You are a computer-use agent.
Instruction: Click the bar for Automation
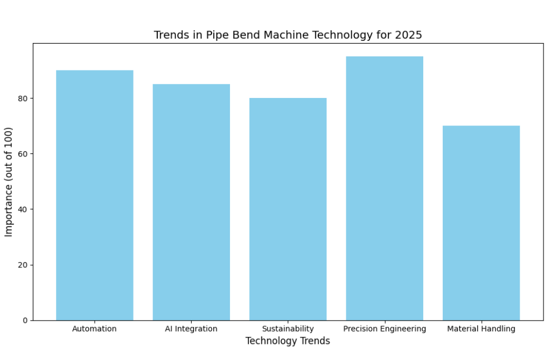coord(94,195)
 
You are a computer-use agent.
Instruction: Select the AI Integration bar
coord(191,202)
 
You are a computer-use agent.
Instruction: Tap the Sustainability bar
coord(288,209)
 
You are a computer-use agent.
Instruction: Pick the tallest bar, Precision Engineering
coord(385,188)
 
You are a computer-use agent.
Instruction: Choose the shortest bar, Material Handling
coord(481,223)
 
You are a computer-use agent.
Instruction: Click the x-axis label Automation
coord(94,329)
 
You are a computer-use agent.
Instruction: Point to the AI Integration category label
coord(191,329)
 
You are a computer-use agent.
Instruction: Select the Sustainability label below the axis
coord(288,329)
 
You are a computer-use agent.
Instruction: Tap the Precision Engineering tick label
coord(385,329)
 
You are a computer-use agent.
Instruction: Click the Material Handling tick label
coord(481,329)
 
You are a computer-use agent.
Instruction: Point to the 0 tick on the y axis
coord(25,321)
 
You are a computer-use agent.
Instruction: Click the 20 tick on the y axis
coord(23,265)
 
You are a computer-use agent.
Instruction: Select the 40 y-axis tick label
coord(23,209)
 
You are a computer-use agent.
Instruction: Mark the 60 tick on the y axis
coord(23,154)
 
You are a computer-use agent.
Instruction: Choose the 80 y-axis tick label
coord(23,98)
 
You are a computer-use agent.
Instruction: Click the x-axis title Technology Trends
coord(288,341)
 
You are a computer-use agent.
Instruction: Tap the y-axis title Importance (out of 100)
coord(9,182)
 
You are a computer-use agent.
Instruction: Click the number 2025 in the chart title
coord(409,36)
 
